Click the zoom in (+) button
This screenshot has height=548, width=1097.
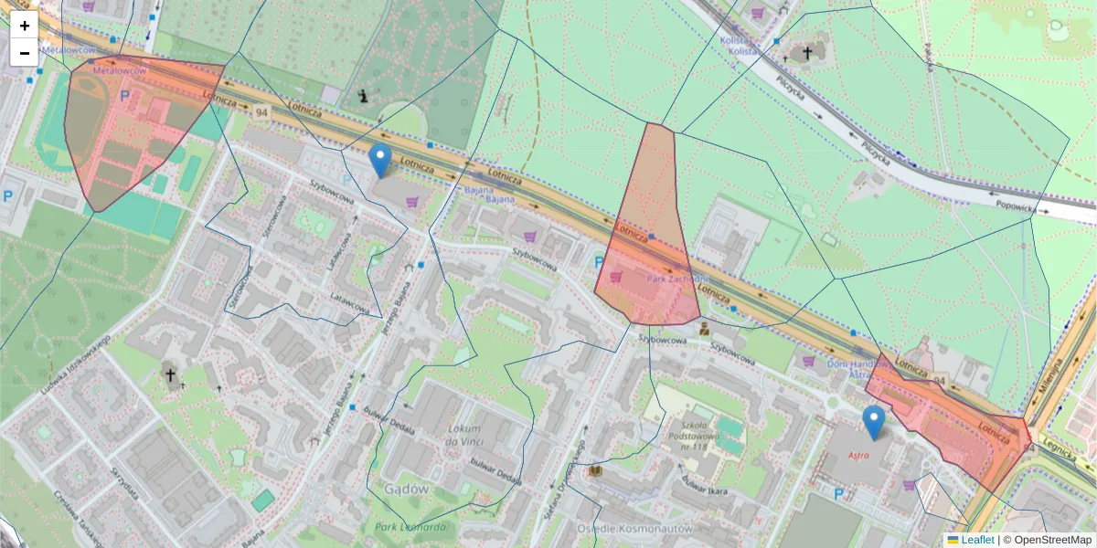[24, 26]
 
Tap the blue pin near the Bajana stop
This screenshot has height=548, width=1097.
[380, 161]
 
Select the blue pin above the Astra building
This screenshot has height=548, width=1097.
[874, 423]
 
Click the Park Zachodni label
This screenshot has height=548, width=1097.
[677, 279]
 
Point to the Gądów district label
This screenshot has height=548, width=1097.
[407, 490]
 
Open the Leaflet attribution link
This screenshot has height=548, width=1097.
[977, 540]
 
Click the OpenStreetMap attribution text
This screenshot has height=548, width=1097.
[1047, 540]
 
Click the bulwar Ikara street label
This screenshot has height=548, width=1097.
[703, 492]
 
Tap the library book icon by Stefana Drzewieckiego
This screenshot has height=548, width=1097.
[595, 470]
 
